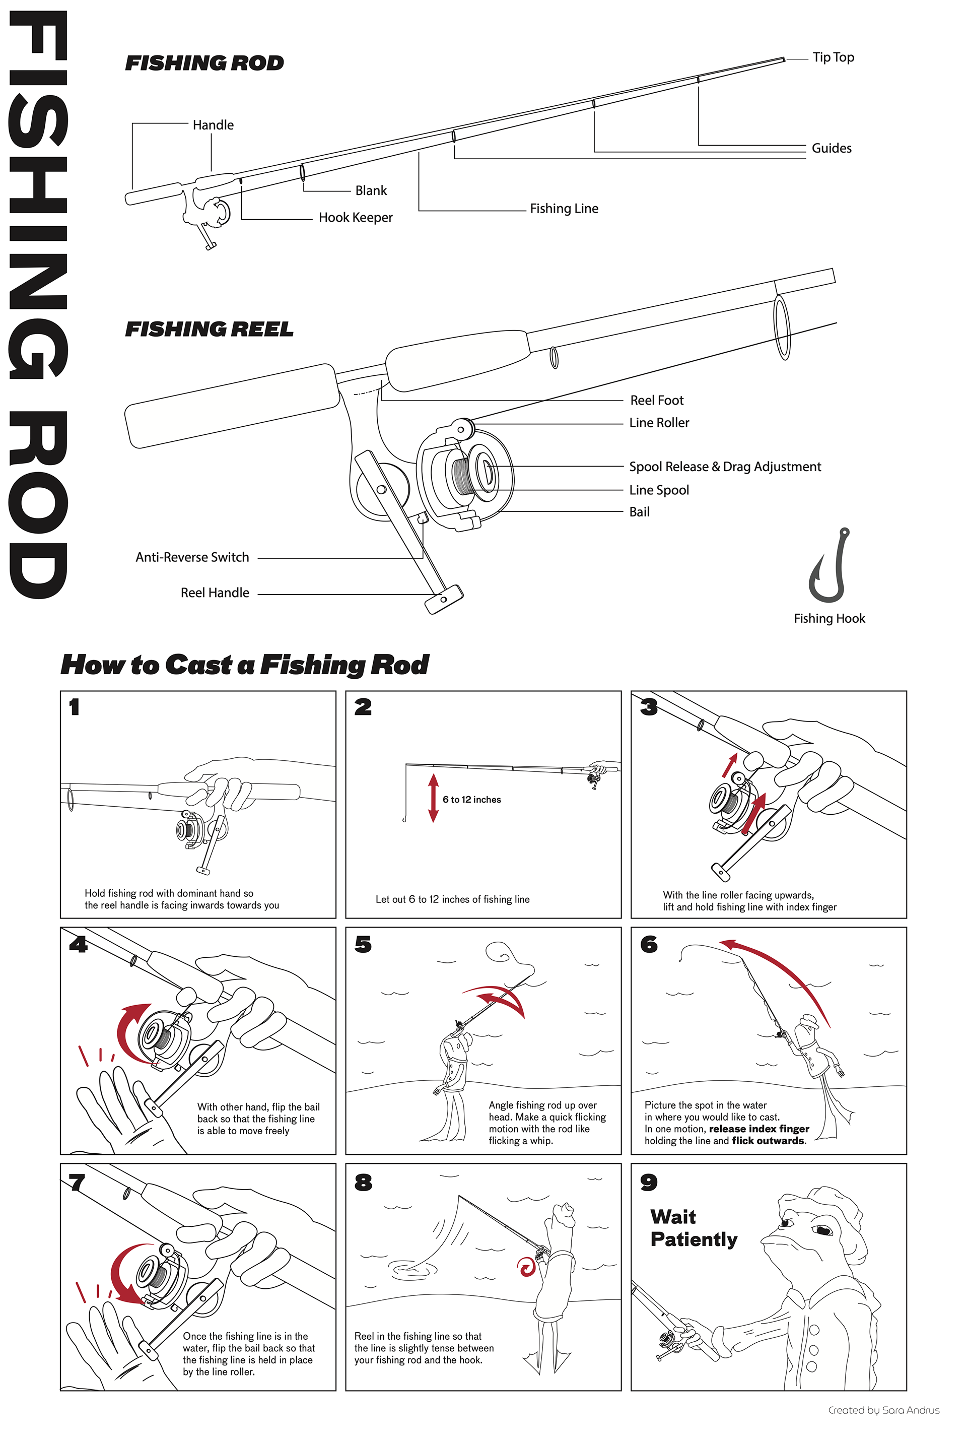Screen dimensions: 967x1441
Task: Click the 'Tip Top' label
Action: tap(833, 57)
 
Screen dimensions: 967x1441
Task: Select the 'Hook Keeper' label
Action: tap(356, 218)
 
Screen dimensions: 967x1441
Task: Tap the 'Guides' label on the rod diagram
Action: tap(832, 148)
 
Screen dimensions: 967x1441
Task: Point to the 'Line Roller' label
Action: tap(659, 423)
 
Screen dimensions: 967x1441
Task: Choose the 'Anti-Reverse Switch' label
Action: tap(192, 557)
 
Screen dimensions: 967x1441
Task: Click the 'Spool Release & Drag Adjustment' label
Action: tap(725, 467)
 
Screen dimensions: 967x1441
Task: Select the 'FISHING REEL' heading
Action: tap(209, 330)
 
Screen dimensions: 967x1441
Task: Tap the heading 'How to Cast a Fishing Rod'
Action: tap(245, 665)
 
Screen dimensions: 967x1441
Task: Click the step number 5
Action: tap(363, 944)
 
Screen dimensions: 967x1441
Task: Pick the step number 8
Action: tap(363, 1182)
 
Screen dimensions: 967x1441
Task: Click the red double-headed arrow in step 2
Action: tap(434, 798)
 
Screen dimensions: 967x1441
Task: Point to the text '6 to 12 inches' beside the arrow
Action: tap(472, 800)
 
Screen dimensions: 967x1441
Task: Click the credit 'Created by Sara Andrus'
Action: tap(884, 1410)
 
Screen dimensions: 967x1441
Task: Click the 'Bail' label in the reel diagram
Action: tap(640, 512)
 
